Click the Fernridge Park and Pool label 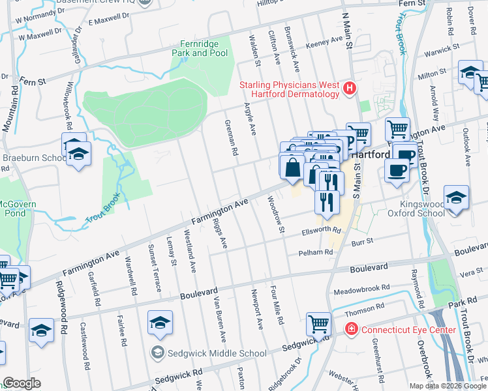[200, 48]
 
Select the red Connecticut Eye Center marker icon [352, 330]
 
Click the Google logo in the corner [22, 383]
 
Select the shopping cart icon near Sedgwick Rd [319, 323]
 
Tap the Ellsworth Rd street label [320, 230]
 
